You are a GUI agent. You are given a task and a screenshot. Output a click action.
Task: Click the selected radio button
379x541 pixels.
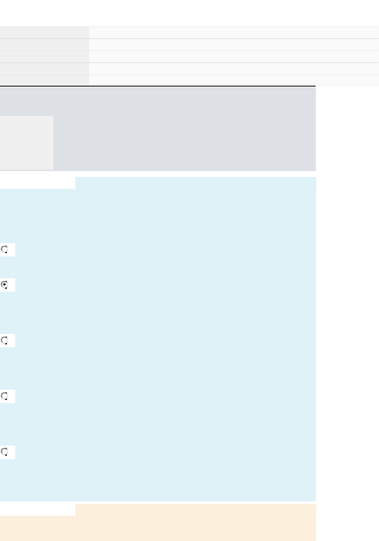[x=5, y=285]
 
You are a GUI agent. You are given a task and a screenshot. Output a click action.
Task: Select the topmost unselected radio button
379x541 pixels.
[x=5, y=250]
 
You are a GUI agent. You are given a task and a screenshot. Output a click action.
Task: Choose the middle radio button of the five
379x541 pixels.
[x=5, y=341]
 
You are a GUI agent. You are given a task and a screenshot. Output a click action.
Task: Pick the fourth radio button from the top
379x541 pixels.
[x=5, y=396]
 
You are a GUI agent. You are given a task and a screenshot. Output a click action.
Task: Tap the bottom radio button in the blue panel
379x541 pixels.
[x=5, y=452]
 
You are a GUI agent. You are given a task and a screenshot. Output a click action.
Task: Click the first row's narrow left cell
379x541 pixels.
[x=44, y=33]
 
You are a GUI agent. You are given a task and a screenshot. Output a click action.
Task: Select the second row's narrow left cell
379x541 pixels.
[x=44, y=45]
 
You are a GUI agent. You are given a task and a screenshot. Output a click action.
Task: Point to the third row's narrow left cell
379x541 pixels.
[x=44, y=57]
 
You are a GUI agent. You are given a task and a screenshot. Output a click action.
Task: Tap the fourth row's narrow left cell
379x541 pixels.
[x=44, y=69]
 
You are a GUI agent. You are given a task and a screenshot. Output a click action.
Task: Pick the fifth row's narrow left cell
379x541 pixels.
[x=44, y=80]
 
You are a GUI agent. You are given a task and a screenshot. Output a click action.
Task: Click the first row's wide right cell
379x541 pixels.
[x=234, y=33]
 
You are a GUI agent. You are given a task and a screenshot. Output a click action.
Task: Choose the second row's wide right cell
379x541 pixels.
[x=234, y=45]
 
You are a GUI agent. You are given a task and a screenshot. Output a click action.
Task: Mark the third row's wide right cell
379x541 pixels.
[x=234, y=57]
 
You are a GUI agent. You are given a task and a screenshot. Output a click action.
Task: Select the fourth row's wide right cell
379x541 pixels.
[x=234, y=69]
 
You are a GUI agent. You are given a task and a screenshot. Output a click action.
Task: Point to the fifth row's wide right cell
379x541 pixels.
[x=234, y=80]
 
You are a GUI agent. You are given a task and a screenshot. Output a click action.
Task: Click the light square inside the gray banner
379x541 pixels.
[x=26, y=143]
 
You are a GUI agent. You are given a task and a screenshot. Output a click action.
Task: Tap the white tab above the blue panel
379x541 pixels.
[x=37, y=183]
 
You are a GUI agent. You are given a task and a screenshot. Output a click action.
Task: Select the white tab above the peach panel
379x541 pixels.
[x=37, y=510]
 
